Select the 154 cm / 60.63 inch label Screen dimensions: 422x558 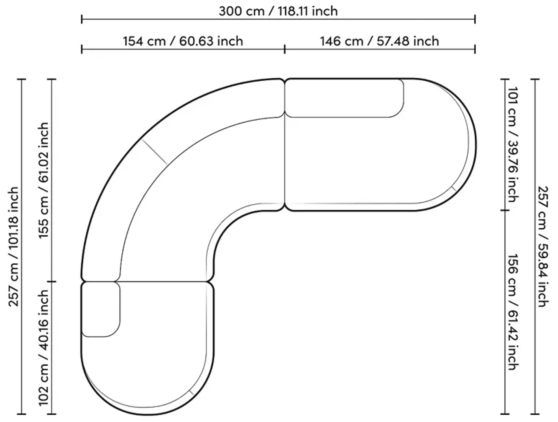pyautogui.click(x=183, y=41)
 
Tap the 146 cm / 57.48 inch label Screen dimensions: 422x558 pyautogui.click(x=379, y=41)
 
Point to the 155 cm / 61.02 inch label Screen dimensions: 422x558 pyautogui.click(x=43, y=180)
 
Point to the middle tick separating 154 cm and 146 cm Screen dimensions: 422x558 pyautogui.click(x=285, y=49)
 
